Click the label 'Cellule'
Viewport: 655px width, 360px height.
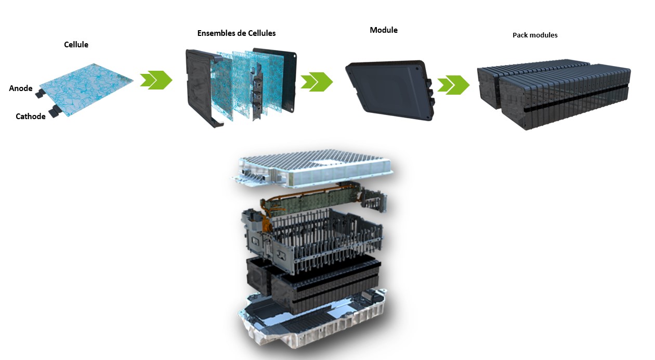(76, 45)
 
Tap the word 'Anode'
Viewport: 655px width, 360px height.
(21, 88)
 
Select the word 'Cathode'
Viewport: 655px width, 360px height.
(31, 117)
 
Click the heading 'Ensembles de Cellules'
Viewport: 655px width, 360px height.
(237, 33)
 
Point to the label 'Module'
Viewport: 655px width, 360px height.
(384, 30)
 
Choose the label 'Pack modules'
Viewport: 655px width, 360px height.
(535, 35)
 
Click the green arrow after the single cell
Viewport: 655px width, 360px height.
(156, 80)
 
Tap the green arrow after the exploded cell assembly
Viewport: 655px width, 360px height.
(317, 82)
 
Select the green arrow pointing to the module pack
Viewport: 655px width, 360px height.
(453, 84)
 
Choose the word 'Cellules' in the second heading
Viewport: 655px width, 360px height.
(260, 33)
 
